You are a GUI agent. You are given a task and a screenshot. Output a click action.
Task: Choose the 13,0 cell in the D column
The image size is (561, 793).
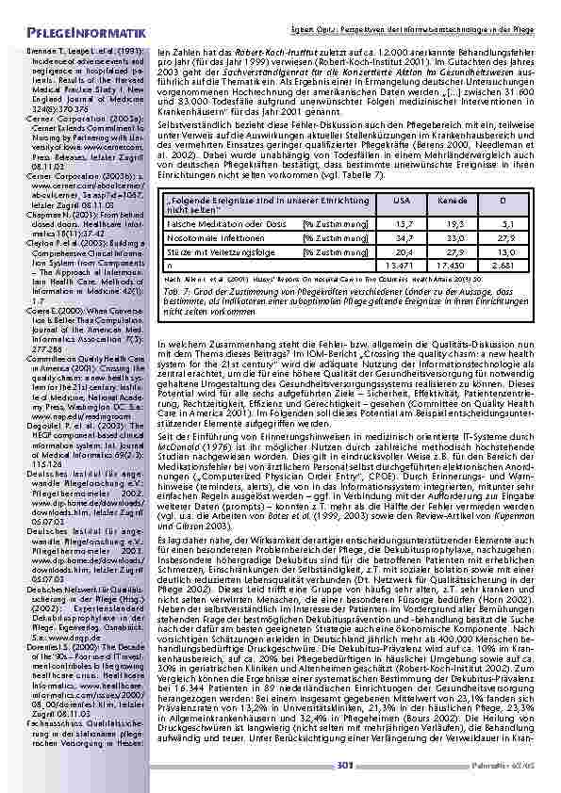(x=505, y=252)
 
